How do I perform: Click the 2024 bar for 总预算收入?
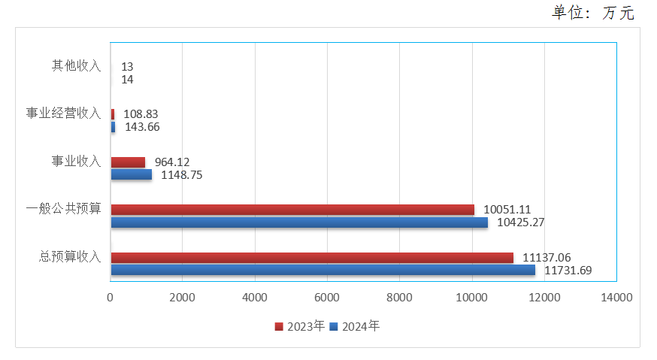pyautogui.click(x=323, y=270)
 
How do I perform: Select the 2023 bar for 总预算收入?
pyautogui.click(x=312, y=258)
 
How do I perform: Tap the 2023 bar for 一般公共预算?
pyautogui.click(x=292, y=210)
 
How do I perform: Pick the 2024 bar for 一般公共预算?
pyautogui.click(x=299, y=222)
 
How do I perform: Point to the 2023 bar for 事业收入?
pyautogui.click(x=128, y=162)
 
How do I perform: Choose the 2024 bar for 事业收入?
pyautogui.click(x=132, y=174)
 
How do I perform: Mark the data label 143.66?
pyautogui.click(x=142, y=127)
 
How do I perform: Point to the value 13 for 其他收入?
pyautogui.click(x=127, y=67)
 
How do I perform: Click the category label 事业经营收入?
pyautogui.click(x=63, y=113)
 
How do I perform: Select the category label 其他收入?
pyautogui.click(x=76, y=66)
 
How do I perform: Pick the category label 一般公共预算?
pyautogui.click(x=63, y=209)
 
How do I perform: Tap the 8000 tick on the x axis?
pyautogui.click(x=399, y=298)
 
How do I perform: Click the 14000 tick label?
pyautogui.click(x=616, y=298)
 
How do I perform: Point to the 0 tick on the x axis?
pyautogui.click(x=111, y=298)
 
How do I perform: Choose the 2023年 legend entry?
pyautogui.click(x=300, y=327)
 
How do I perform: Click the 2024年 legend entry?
pyautogui.click(x=356, y=327)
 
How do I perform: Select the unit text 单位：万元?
pyautogui.click(x=593, y=12)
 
